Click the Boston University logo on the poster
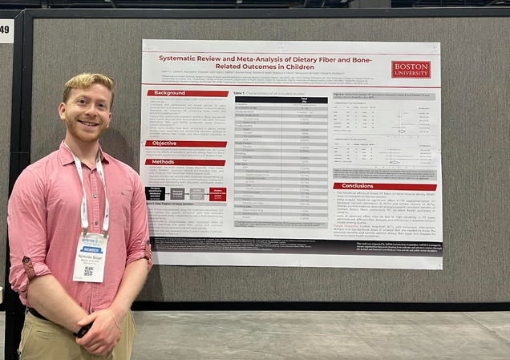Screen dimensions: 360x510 tap(411, 70)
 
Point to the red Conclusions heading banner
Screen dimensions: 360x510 tap(385, 186)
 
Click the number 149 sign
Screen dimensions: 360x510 tap(6, 31)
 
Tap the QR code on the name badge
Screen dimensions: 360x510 tap(88, 272)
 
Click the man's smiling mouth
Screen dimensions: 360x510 tap(89, 124)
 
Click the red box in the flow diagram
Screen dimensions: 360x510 tap(217, 192)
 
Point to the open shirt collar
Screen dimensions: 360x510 tap(88, 152)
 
